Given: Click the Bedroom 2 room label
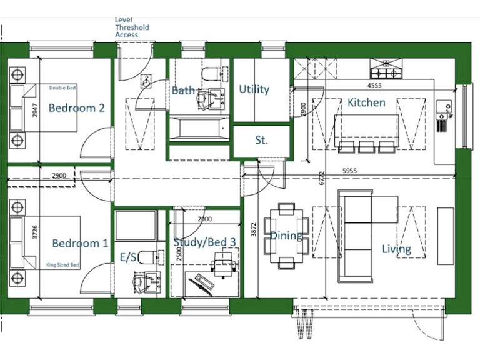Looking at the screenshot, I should coord(76,107).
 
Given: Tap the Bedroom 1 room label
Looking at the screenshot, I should coord(80,244).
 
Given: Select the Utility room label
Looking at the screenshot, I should coord(254,89).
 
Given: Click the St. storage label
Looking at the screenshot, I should coord(261,141).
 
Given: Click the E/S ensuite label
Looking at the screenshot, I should coord(127,257).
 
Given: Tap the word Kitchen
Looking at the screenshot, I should coord(366,102).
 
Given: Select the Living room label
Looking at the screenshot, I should coord(397,249).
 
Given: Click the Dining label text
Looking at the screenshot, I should coord(287,236).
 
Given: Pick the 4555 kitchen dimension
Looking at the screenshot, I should coord(374,85).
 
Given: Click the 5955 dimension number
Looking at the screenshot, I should coord(354,170).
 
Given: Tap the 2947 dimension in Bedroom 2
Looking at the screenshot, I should coord(35,111).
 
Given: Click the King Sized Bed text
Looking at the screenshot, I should coord(63,266).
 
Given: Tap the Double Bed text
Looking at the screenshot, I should coord(63,88).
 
